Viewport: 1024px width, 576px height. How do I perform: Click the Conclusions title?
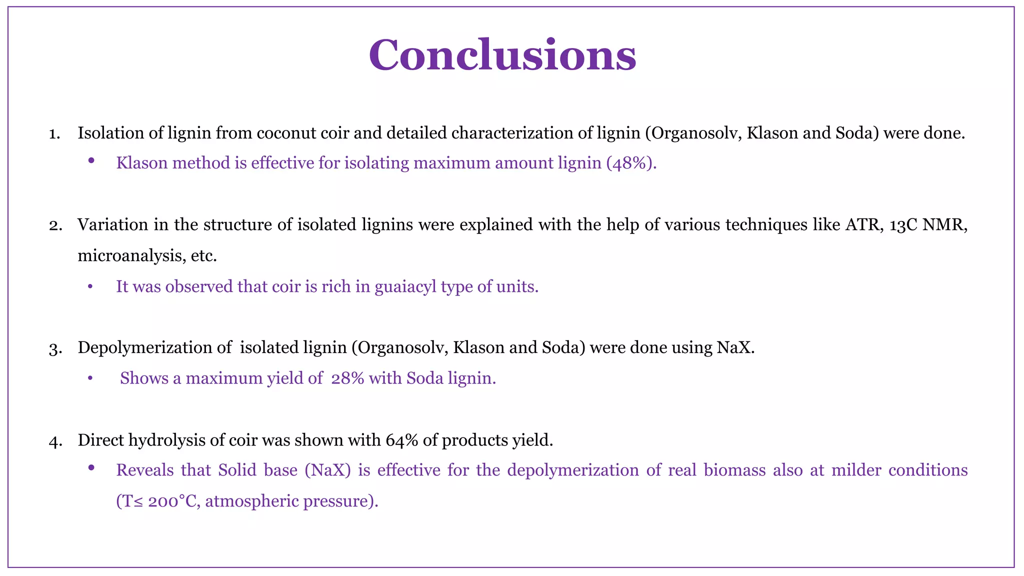(502, 55)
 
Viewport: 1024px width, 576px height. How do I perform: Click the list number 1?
(54, 134)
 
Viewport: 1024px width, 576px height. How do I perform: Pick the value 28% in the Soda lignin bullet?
(347, 378)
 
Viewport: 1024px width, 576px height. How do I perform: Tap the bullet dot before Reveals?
(91, 468)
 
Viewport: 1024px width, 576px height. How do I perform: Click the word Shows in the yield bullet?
(144, 378)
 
